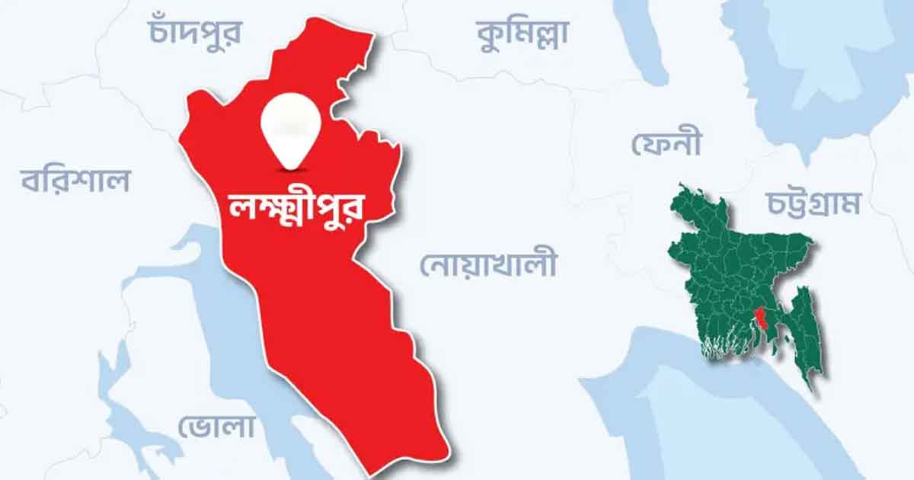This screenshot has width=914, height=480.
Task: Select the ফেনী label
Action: coord(666,142)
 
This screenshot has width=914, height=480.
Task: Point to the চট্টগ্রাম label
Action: coord(813,203)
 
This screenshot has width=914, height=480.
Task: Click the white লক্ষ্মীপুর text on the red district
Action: coord(297,206)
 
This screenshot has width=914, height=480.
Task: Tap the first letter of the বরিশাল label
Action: coord(33,183)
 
